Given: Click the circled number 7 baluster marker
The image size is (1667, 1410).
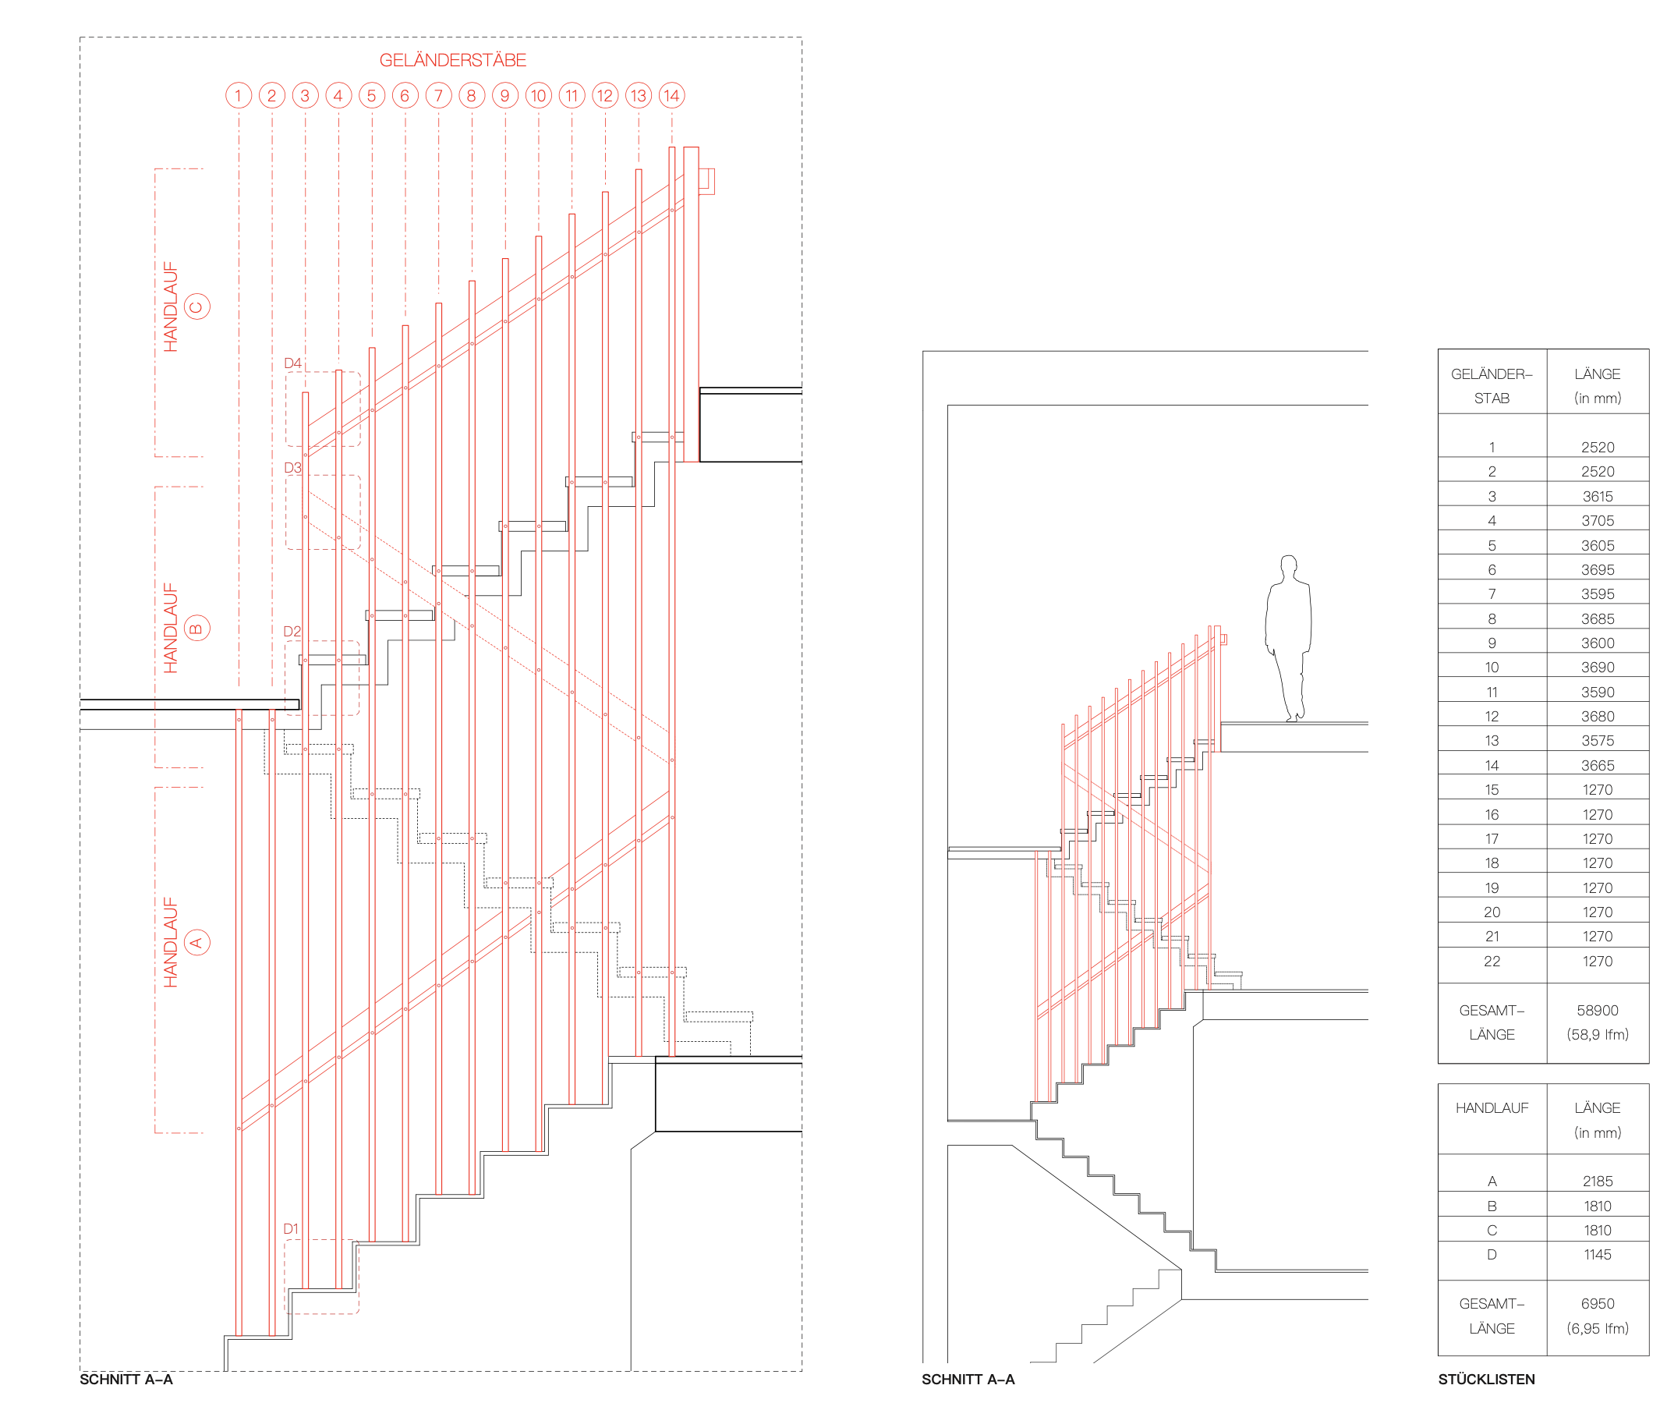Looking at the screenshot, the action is (x=438, y=96).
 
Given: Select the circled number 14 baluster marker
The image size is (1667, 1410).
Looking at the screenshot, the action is (x=671, y=96).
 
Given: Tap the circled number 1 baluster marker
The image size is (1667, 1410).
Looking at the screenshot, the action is (x=238, y=96).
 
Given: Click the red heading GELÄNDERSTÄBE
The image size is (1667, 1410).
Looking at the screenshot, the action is (x=452, y=61).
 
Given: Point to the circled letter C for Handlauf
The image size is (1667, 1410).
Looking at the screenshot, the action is (x=196, y=307).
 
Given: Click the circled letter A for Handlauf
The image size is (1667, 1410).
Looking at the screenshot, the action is (x=196, y=942).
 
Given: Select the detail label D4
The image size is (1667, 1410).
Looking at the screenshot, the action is (x=292, y=363).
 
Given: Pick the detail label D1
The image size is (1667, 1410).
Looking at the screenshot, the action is (x=291, y=1228).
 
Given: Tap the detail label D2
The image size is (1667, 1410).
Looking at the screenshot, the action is (x=292, y=632).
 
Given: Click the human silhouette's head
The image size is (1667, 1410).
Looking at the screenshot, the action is (x=1288, y=566).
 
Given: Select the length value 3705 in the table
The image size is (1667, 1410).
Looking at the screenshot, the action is (x=1597, y=521).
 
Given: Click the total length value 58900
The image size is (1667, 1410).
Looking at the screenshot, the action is (x=1597, y=1011).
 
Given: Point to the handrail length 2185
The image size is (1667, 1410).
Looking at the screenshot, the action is (x=1597, y=1181).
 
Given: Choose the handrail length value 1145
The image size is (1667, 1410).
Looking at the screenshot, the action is (x=1597, y=1255).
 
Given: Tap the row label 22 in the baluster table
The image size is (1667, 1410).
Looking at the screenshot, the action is (x=1492, y=962).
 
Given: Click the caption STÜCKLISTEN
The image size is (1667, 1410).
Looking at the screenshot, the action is (x=1485, y=1380).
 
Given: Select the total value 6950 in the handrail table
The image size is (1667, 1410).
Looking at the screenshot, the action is (x=1597, y=1304).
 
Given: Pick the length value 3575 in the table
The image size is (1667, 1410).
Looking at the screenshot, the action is (x=1597, y=741).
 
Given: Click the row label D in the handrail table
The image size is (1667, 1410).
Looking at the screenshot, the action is (x=1492, y=1255).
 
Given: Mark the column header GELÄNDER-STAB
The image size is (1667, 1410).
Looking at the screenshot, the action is (x=1492, y=386).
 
